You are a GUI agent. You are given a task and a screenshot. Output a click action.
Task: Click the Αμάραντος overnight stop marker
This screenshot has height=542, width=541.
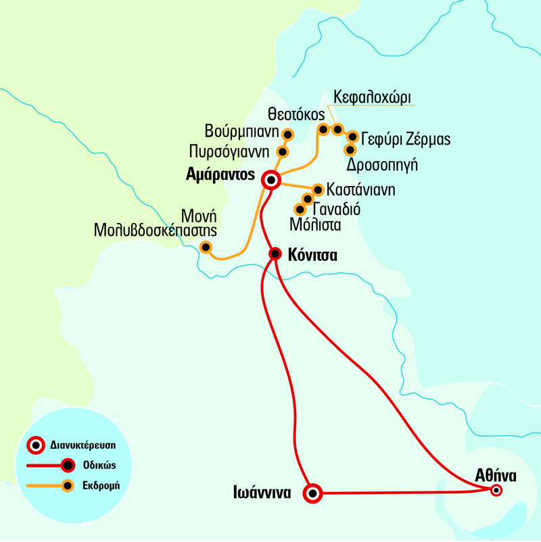pyautogui.click(x=271, y=180)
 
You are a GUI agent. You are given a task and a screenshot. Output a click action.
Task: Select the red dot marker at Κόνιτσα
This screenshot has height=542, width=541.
pyautogui.click(x=275, y=253)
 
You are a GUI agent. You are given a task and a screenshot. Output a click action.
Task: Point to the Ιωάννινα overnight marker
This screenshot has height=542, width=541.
pyautogui.click(x=312, y=493)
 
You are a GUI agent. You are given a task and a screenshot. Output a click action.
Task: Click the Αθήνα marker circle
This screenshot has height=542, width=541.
pyautogui.click(x=496, y=491)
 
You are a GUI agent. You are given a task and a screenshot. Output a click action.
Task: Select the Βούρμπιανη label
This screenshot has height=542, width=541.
pyautogui.click(x=241, y=128)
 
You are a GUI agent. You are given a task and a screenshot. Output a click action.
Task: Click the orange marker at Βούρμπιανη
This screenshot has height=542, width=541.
pyautogui.click(x=286, y=133)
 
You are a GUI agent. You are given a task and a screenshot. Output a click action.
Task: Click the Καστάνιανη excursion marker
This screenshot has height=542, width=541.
pyautogui.click(x=317, y=189)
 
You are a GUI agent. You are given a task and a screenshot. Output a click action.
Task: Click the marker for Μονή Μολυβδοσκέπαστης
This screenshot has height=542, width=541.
pyautogui.click(x=206, y=247)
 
